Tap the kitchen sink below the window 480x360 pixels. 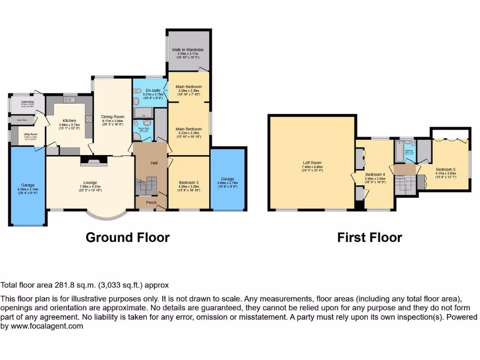tap(70, 99)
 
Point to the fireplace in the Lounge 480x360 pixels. tap(94, 161)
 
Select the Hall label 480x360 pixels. tap(154, 163)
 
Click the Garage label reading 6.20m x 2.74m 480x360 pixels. tap(28, 185)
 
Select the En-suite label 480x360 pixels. tap(150, 90)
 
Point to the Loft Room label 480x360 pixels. tap(312, 163)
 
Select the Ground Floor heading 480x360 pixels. tap(127, 238)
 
